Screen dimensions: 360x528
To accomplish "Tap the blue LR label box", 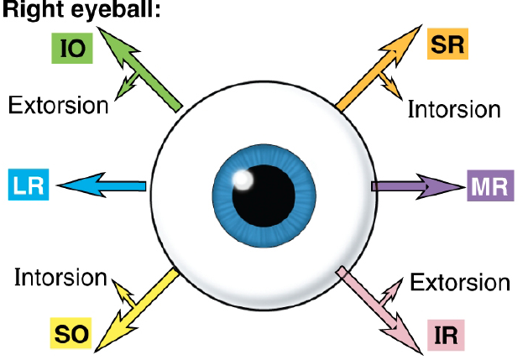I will (29, 185).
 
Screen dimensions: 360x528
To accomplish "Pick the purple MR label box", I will (489, 185).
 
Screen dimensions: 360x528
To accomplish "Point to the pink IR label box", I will (446, 336).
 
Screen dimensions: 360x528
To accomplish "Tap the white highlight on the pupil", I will (243, 178).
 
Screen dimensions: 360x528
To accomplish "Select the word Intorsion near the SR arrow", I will (454, 110).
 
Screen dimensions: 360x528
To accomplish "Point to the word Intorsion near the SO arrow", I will (60, 277).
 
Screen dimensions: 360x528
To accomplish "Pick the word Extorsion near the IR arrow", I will (459, 282).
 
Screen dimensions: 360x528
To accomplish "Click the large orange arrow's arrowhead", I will (406, 39).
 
